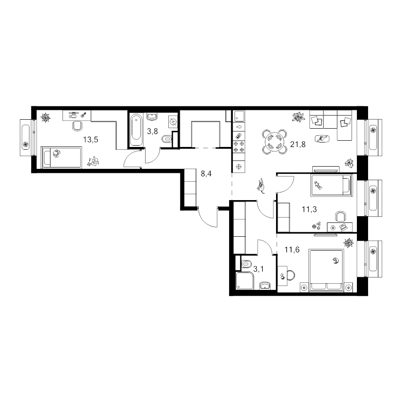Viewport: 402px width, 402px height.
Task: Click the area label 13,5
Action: pos(91,140)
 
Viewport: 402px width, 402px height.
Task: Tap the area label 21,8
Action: pos(297,144)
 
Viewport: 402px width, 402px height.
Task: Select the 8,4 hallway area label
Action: pos(206,174)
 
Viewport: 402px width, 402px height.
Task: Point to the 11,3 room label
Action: pos(309,209)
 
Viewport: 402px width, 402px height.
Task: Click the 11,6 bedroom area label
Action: pos(292,249)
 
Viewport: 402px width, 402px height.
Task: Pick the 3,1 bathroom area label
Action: pos(259,269)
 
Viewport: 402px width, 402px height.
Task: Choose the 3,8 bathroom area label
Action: pos(152,131)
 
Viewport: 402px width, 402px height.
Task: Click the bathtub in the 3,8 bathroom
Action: pos(136,130)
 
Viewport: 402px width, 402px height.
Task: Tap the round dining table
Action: pos(274,142)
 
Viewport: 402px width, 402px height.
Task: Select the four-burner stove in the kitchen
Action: pos(239,147)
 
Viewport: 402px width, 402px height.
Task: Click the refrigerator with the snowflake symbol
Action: pos(239,167)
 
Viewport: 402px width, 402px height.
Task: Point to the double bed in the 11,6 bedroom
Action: pos(326,270)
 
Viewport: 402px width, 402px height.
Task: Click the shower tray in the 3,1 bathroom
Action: pos(245,281)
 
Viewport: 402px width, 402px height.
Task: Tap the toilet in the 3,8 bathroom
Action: pos(167,140)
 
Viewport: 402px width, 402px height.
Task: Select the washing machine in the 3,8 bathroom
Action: pos(173,122)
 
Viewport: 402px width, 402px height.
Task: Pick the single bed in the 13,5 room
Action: pos(62,157)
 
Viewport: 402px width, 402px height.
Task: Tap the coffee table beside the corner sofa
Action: pos(322,138)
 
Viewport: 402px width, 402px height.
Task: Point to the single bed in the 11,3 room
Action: pos(331,185)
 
